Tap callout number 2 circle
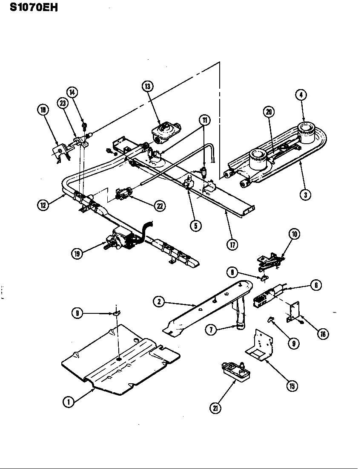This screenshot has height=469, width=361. click(159, 302)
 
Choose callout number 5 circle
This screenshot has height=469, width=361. click(195, 226)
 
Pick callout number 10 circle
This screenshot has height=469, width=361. click(294, 234)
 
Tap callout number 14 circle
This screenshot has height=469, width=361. click(72, 92)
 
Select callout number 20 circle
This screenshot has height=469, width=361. click(269, 112)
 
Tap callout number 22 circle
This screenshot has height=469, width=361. click(160, 206)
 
